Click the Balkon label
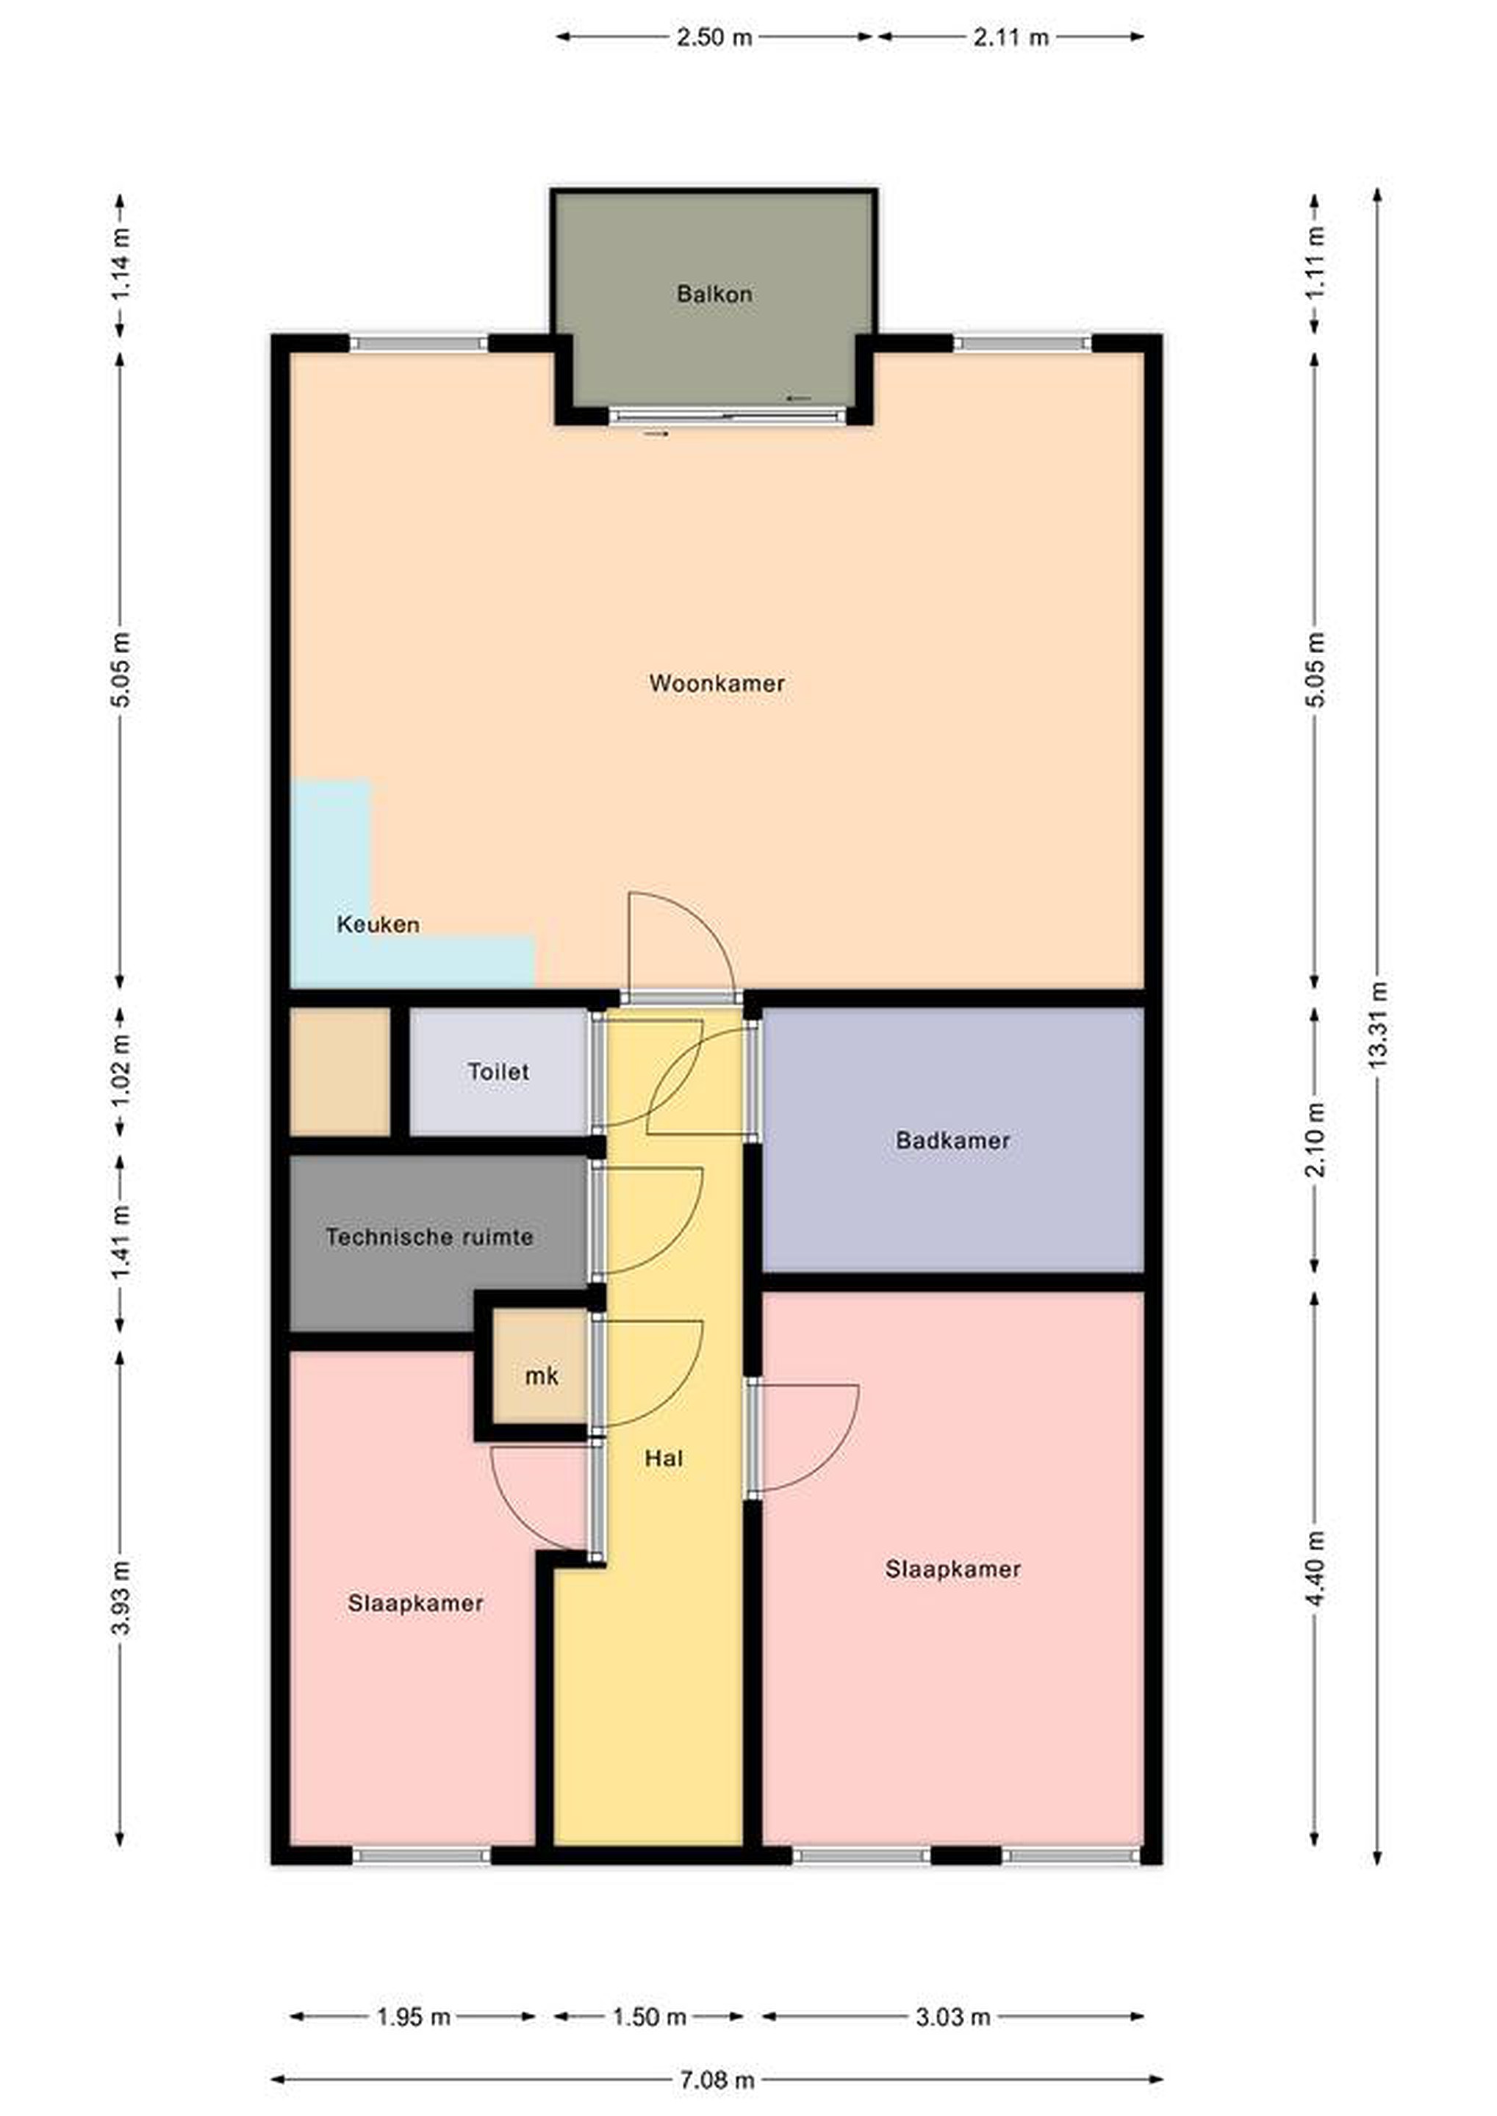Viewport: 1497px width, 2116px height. pyautogui.click(x=714, y=294)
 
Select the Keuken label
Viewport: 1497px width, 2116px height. pyautogui.click(x=378, y=924)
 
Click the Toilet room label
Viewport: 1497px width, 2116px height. pyautogui.click(x=498, y=1072)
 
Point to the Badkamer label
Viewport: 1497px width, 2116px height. pyautogui.click(x=952, y=1141)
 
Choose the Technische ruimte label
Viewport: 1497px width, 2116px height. pyautogui.click(x=430, y=1237)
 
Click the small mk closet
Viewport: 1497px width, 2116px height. pyautogui.click(x=541, y=1376)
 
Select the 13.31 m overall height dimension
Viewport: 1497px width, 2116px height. pyautogui.click(x=1377, y=1026)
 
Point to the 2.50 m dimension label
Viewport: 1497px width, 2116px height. pyautogui.click(x=714, y=37)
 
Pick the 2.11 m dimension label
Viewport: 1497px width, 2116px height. pyautogui.click(x=1011, y=37)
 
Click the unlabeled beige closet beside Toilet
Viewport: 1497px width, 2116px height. pyautogui.click(x=340, y=1072)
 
